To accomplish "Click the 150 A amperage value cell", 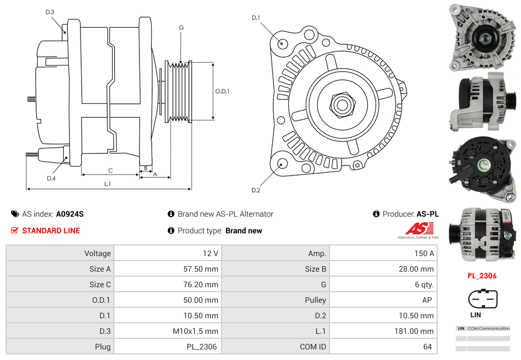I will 424,253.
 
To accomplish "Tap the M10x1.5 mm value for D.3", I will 196,331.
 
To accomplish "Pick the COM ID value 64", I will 427,347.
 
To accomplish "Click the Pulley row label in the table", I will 315,300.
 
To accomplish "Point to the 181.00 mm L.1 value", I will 416,331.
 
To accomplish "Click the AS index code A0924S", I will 69,214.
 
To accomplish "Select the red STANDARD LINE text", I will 51,231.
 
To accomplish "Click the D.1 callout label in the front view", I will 256,18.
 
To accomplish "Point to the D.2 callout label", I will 256,191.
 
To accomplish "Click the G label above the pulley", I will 181,27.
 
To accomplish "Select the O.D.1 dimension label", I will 222,91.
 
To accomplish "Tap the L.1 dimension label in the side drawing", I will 107,183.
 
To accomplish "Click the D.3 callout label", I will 50,12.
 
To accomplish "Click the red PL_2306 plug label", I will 482,276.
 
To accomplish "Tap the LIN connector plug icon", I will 482,299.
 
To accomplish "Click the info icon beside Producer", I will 376,214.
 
